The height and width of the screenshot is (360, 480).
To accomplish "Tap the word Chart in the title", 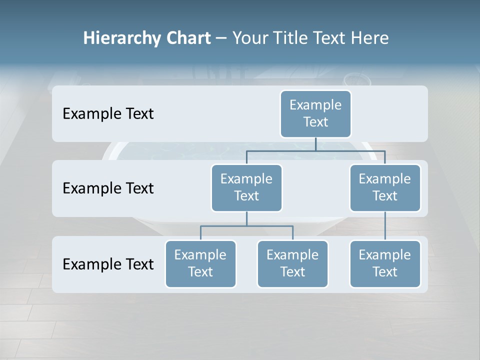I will [186, 38].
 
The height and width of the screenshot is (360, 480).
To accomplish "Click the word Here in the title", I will [370, 38].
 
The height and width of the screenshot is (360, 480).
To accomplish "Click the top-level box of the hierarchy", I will [315, 113].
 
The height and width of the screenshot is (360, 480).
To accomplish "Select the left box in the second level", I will [246, 187].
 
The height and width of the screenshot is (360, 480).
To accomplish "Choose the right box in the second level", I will [385, 187].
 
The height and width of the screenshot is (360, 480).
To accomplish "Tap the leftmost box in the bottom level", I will [200, 263].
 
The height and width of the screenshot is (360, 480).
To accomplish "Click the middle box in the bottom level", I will [292, 263].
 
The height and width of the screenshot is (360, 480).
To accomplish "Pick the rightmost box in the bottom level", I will [385, 263].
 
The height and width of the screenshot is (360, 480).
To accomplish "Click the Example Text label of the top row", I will [108, 113].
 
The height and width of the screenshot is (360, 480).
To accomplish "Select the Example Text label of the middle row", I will [108, 188].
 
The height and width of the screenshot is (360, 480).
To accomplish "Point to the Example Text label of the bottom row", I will [108, 264].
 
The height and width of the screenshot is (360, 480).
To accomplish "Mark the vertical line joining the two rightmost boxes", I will [385, 226].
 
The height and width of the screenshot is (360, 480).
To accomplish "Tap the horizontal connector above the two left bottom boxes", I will [246, 226].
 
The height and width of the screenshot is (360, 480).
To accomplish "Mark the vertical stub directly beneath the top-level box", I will [315, 144].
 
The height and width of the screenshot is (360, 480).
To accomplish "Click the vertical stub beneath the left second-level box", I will [246, 218].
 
